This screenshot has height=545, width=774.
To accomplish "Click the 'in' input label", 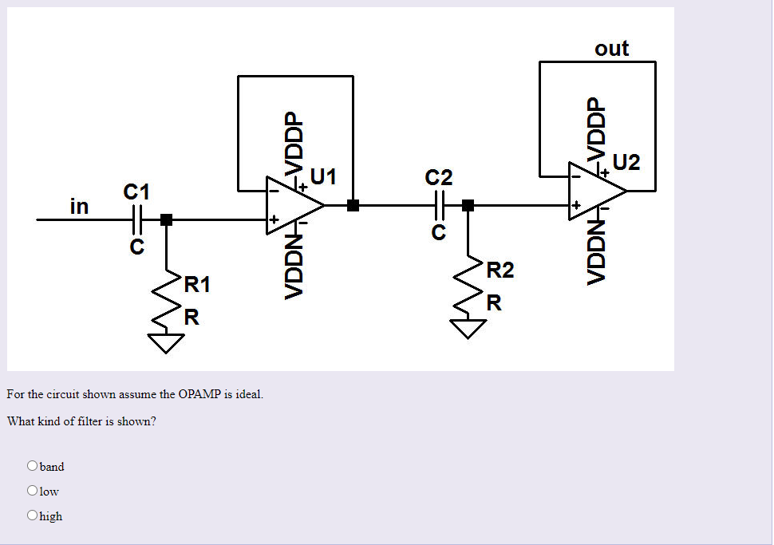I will pos(79,207).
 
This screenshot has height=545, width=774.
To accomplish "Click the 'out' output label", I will pos(612,49).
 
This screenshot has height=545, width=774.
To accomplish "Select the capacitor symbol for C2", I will pos(439,206).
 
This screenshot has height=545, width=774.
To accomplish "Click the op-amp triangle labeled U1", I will pos(294,206).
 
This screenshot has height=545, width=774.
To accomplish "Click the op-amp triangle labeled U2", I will pos(595,192).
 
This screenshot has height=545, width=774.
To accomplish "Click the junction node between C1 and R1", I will pos(166,219).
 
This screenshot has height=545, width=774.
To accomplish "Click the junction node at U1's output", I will pos(353,206).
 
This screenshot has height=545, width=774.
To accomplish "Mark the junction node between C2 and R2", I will pos(468,206).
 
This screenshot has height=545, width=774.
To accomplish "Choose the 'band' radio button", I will pos(33,466).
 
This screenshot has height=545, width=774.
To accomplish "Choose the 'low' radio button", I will pos(33,491).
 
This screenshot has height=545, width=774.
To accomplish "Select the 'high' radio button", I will pos(33,515).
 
